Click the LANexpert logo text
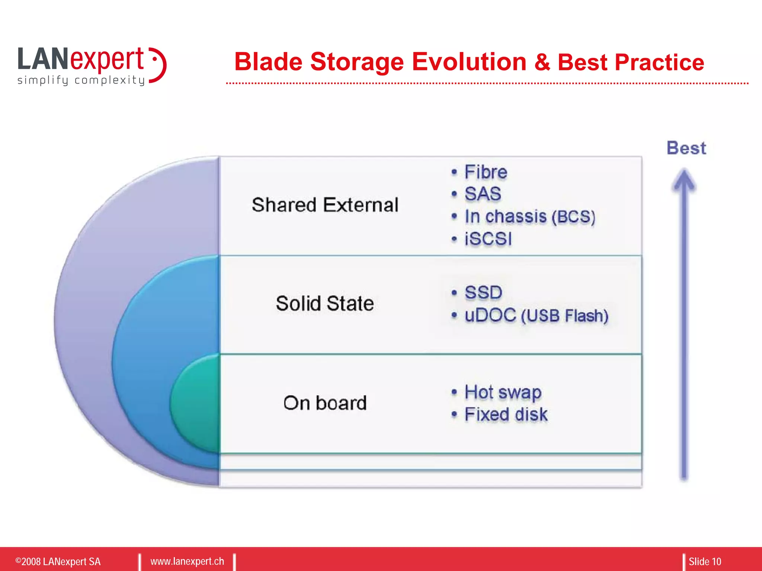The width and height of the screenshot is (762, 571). point(81,59)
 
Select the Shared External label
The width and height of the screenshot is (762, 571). point(325,205)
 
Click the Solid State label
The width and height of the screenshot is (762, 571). point(325,303)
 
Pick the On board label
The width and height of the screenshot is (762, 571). point(325,403)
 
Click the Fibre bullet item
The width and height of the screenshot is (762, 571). point(485,172)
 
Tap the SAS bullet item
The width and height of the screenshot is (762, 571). point(483,194)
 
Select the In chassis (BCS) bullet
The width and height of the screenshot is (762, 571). point(529,216)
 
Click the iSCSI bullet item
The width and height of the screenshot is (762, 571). point(488,239)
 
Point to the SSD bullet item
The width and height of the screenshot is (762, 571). point(483,293)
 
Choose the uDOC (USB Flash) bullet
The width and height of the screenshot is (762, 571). point(536,316)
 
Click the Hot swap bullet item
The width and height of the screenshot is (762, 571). point(503,392)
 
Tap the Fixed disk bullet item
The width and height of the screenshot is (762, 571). point(506,414)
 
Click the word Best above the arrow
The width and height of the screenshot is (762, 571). point(686,148)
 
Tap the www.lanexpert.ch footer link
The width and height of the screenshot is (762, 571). point(187,561)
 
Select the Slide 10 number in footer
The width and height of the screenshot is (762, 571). point(704,561)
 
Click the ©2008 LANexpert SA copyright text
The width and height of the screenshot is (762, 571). point(58,561)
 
